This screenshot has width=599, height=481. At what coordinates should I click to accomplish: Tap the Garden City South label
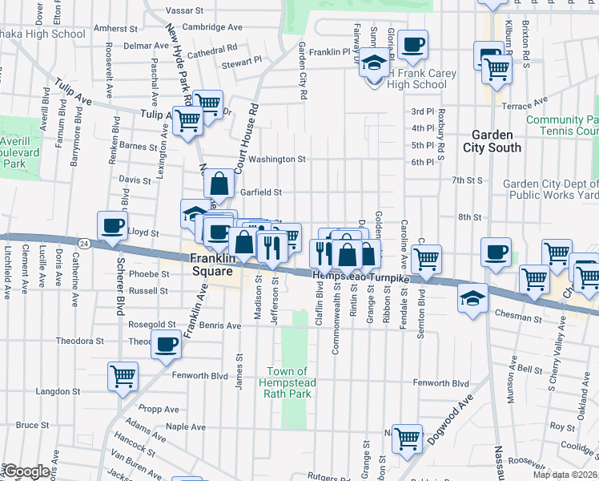[x=492, y=141]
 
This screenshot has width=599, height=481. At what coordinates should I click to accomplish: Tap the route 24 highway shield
[x=83, y=241]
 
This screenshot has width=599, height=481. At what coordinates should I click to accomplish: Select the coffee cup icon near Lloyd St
[x=112, y=225]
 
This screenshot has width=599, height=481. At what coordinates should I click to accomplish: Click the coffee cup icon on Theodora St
[x=166, y=345]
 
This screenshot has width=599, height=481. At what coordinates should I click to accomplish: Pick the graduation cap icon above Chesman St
[x=473, y=299]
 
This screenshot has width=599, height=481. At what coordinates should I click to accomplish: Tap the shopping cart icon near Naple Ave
[x=408, y=438]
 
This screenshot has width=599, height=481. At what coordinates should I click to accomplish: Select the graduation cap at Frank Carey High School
[x=374, y=62]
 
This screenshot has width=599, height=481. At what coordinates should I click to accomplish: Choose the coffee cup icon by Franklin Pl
[x=413, y=45]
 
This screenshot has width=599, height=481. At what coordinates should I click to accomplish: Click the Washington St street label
[x=277, y=160]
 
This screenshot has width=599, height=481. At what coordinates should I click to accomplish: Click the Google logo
[x=27, y=471]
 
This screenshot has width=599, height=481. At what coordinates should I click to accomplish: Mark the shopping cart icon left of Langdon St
[x=123, y=375]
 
